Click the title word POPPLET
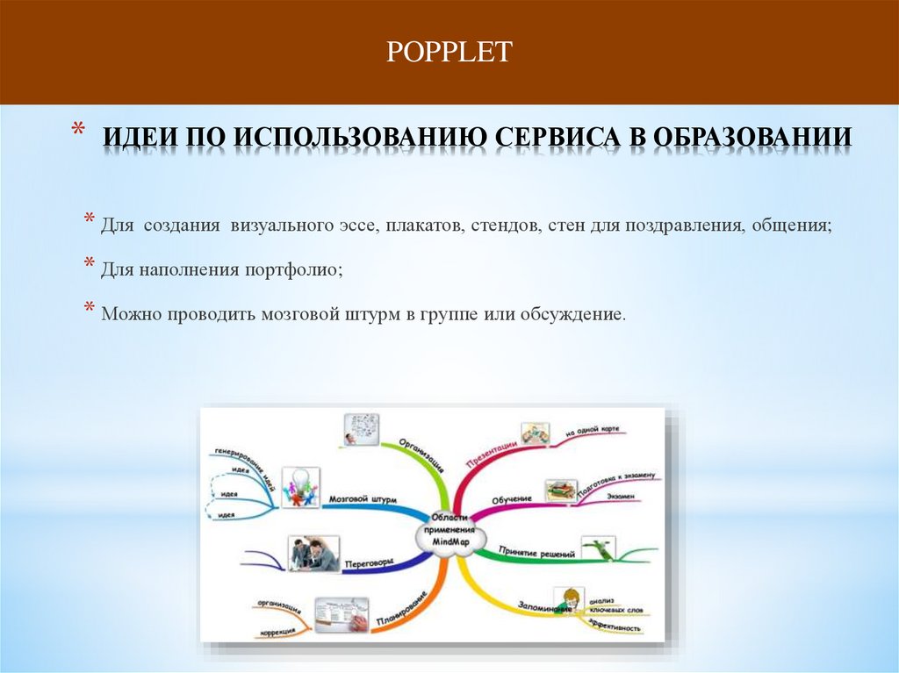(x=449, y=52)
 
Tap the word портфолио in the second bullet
(x=297, y=269)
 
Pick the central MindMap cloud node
(x=452, y=531)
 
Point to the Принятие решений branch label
(x=537, y=554)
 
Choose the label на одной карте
(x=593, y=431)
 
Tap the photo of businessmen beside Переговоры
(x=313, y=554)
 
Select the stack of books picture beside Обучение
(x=560, y=490)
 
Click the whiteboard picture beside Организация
(x=361, y=429)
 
